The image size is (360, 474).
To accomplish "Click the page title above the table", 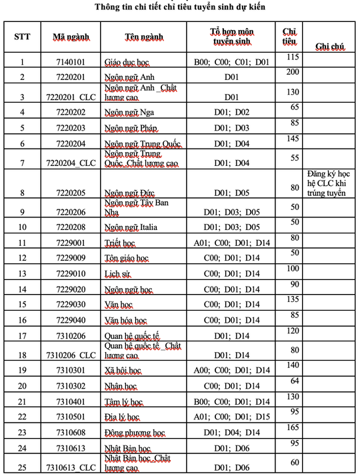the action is click(180, 7).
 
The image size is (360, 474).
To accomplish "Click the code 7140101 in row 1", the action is click(71, 62).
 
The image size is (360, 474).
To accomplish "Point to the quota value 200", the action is click(292, 71).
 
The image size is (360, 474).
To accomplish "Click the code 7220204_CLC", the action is click(71, 163).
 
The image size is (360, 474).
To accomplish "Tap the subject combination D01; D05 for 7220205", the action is click(231, 193).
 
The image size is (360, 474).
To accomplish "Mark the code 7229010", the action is click(71, 273).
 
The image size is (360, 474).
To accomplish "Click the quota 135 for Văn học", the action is click(292, 299).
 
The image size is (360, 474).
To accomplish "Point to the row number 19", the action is click(22, 369).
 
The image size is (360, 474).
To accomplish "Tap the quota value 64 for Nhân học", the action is click(293, 381).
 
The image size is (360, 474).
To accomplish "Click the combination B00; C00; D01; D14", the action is click(231, 402).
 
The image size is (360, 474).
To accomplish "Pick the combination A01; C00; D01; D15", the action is click(231, 417).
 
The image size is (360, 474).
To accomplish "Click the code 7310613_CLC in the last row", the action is click(71, 467).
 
